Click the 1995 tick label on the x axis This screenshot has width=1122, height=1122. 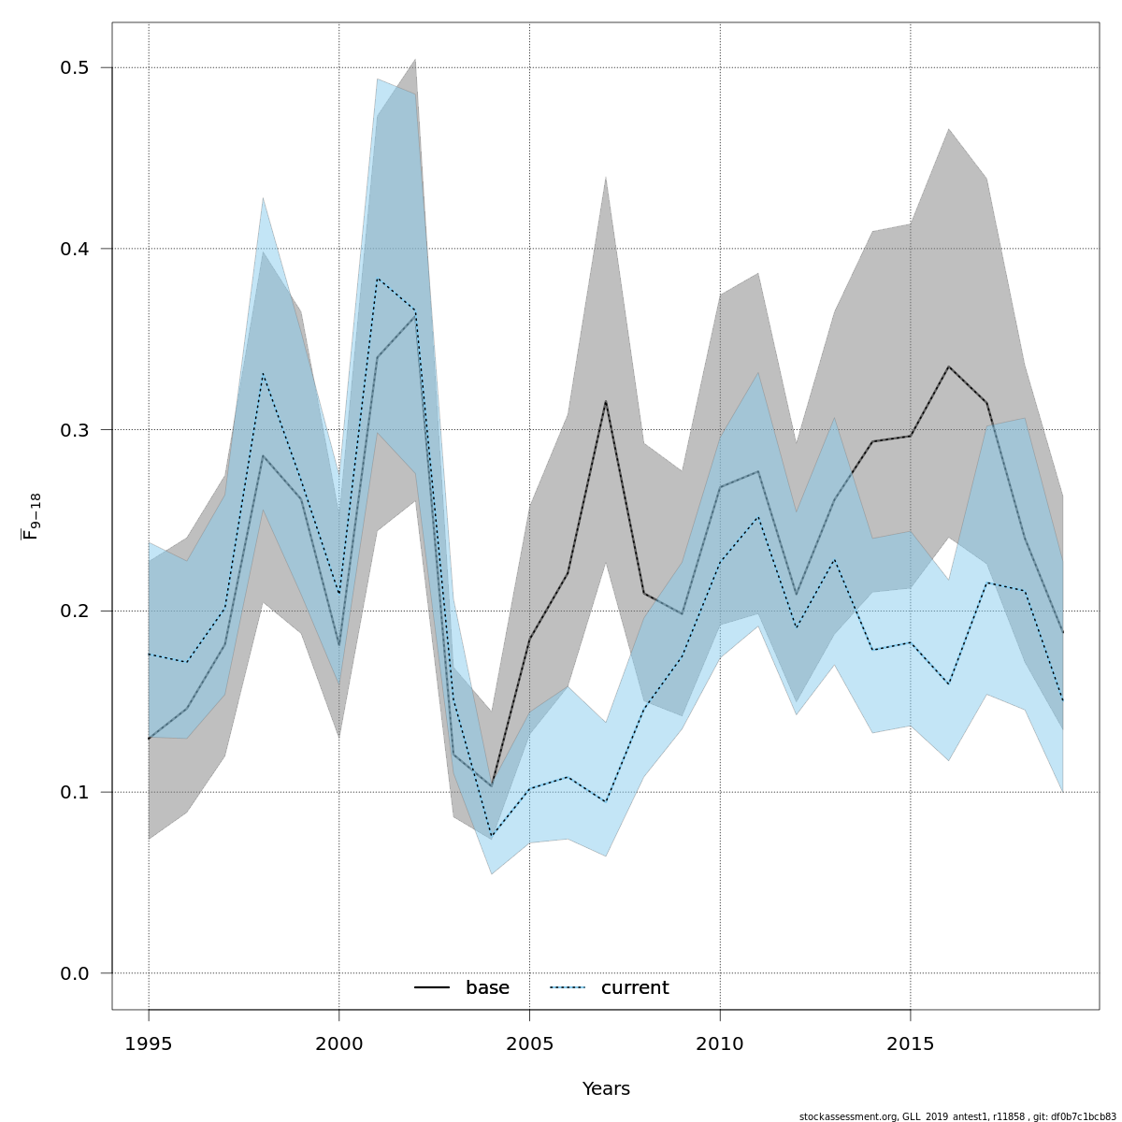(149, 1044)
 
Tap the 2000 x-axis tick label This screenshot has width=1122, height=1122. (339, 1044)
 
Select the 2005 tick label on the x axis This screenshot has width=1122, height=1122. (529, 1044)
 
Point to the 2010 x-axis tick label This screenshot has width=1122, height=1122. (720, 1044)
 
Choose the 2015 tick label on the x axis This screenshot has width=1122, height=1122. (911, 1044)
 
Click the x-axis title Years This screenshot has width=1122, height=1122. (606, 1089)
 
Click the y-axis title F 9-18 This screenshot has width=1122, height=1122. (32, 517)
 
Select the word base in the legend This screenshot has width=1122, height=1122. (487, 988)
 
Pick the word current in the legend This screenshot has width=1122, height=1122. (635, 988)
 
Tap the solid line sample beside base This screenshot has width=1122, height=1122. (432, 988)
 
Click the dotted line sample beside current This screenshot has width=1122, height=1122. (568, 988)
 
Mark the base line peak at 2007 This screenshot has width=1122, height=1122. (606, 401)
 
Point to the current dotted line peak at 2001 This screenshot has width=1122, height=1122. (377, 279)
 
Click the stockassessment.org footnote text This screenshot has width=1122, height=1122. (957, 1116)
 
